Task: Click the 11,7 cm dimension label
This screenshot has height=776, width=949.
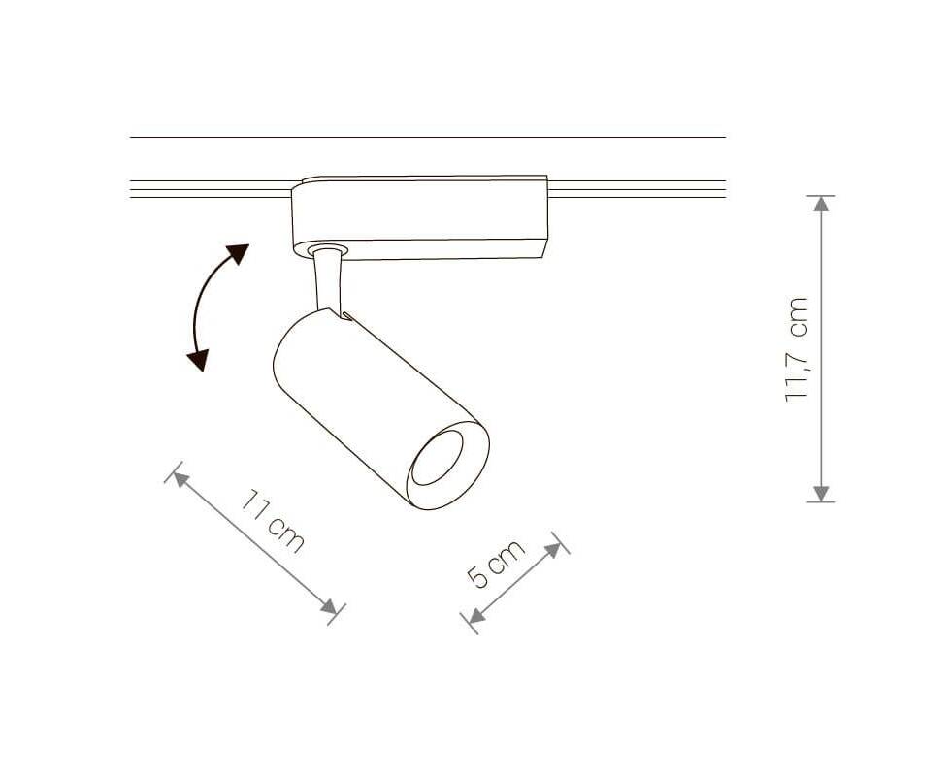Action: (797, 349)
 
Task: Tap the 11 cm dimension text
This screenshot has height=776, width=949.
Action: (273, 521)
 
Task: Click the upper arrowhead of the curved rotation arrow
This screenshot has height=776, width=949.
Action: (237, 253)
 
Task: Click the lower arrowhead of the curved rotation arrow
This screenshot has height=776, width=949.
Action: (199, 360)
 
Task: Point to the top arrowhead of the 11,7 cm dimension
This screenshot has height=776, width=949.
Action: (821, 204)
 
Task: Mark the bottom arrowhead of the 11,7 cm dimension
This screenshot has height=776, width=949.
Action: (821, 494)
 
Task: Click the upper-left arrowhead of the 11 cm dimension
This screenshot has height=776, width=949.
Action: (180, 479)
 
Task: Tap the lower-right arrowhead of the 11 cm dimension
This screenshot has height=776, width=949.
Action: (330, 606)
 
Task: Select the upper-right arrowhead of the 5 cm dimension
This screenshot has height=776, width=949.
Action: (553, 549)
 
